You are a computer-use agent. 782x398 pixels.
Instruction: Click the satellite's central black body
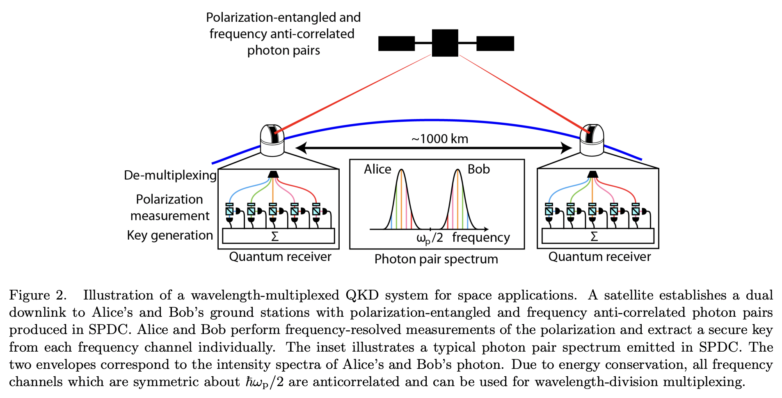pos(445,43)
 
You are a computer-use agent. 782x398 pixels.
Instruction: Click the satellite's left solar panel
pos(396,43)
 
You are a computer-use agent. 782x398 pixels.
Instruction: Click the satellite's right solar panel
pos(495,43)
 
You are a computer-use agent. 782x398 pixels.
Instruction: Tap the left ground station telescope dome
pos(272,141)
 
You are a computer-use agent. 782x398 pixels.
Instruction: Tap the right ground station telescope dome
pos(591,141)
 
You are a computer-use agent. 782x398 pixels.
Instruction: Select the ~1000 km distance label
pos(439,139)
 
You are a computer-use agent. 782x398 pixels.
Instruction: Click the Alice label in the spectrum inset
pos(377,169)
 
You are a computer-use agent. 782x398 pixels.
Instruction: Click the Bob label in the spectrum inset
pos(478,169)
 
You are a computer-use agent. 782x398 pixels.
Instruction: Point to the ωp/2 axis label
pos(429,238)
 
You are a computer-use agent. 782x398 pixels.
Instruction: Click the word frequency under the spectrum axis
pos(481,238)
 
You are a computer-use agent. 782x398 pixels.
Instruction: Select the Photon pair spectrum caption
pos(436,259)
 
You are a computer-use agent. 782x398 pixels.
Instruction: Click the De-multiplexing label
pos(170,175)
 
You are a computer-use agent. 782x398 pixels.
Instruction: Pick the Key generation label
pos(170,235)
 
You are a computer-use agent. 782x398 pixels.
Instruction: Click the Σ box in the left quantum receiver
pos(278,236)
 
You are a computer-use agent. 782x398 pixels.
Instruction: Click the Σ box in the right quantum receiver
pos(597,236)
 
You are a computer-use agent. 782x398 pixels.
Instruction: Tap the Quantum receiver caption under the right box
pos(599,257)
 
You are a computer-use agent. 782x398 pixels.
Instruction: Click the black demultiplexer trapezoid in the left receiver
pos(273,174)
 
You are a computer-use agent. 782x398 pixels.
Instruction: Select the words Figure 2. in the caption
pos(37,295)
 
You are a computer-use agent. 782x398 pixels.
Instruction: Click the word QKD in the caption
pos(362,295)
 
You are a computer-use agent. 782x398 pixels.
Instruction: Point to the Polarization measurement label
pos(170,207)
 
